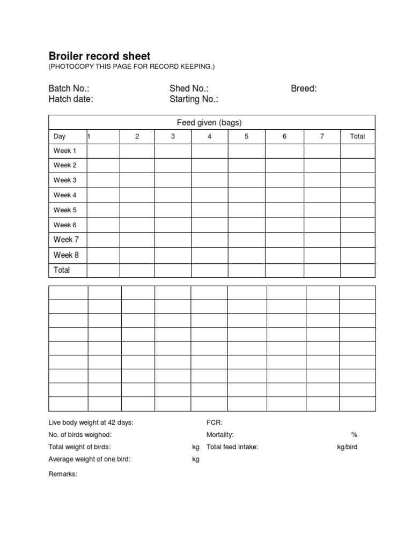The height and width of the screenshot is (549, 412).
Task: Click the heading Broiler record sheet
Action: [x=99, y=56]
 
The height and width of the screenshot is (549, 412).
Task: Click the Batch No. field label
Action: [x=69, y=88]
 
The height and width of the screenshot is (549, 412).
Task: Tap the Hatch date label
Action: [x=70, y=99]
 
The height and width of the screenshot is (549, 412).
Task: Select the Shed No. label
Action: [x=189, y=88]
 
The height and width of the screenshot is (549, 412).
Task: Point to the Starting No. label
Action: [x=194, y=99]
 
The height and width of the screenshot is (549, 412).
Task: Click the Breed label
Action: [x=304, y=88]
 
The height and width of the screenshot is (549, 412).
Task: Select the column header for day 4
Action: [x=209, y=136]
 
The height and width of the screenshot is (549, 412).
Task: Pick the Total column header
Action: [x=357, y=136]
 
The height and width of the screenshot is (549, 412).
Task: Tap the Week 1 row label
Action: [x=65, y=151]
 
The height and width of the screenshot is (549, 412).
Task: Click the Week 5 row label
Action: [x=65, y=210]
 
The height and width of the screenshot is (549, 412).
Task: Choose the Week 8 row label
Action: [x=66, y=255]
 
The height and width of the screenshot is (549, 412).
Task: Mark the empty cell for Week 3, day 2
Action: [x=137, y=180]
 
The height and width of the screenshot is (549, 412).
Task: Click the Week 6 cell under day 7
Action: [x=322, y=225]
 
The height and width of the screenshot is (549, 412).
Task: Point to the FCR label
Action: [x=214, y=422]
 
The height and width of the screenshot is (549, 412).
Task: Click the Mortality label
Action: [x=220, y=435]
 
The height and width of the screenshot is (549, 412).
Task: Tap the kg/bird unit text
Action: [x=347, y=447]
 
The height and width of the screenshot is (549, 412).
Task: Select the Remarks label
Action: [x=63, y=474]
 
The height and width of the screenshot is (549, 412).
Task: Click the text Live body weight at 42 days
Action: [x=91, y=422]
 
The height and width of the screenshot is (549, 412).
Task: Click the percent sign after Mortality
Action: [x=354, y=435]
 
